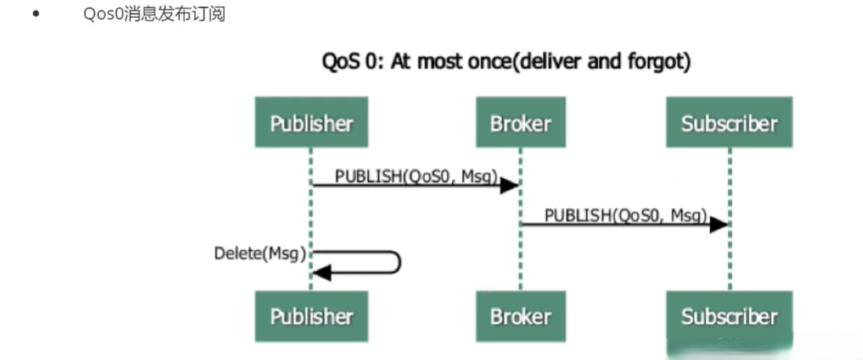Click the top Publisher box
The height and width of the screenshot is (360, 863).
point(311,122)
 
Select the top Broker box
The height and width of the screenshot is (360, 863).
point(520,122)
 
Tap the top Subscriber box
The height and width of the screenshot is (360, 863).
point(730,122)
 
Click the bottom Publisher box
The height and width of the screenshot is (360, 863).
point(311,316)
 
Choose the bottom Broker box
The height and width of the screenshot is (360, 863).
point(520,316)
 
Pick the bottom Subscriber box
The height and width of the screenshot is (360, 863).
point(730,316)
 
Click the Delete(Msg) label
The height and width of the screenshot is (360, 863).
point(260,254)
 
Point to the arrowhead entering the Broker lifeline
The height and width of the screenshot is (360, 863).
point(510,186)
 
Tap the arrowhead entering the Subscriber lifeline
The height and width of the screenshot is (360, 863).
point(719,224)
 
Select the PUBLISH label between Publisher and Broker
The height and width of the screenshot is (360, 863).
point(417,176)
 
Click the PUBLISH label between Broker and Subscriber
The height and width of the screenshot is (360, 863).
point(626,215)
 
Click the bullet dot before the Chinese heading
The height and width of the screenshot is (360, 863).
point(36,14)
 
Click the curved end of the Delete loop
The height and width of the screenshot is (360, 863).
point(400,262)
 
